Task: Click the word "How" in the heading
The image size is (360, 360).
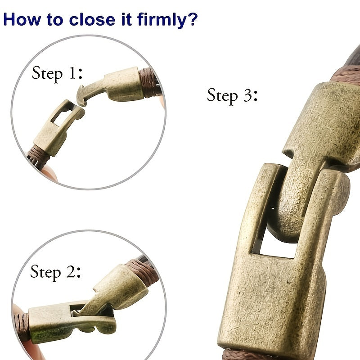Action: pos(22,19)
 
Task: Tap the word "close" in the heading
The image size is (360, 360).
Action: pos(92,19)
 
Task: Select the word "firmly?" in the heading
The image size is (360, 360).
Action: pos(167,20)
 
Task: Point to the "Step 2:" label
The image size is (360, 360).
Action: pos(55,272)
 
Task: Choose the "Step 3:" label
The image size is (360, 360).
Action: pos(232,96)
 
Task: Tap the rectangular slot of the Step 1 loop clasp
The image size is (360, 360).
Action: pos(62,116)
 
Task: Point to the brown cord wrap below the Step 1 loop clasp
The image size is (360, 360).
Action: pos(38,156)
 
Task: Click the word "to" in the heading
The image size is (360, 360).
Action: pos(55,20)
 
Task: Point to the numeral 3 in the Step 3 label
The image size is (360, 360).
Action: pos(248,95)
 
